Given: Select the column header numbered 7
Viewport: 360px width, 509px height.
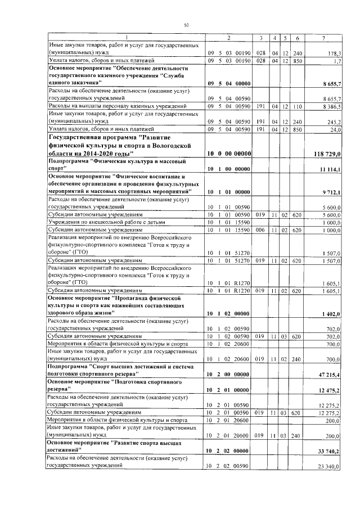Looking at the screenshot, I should [x=323, y=38].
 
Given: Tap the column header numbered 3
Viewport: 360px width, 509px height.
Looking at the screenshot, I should [x=261, y=38].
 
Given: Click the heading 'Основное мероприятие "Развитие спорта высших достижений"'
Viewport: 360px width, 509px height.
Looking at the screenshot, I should [x=116, y=447].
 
